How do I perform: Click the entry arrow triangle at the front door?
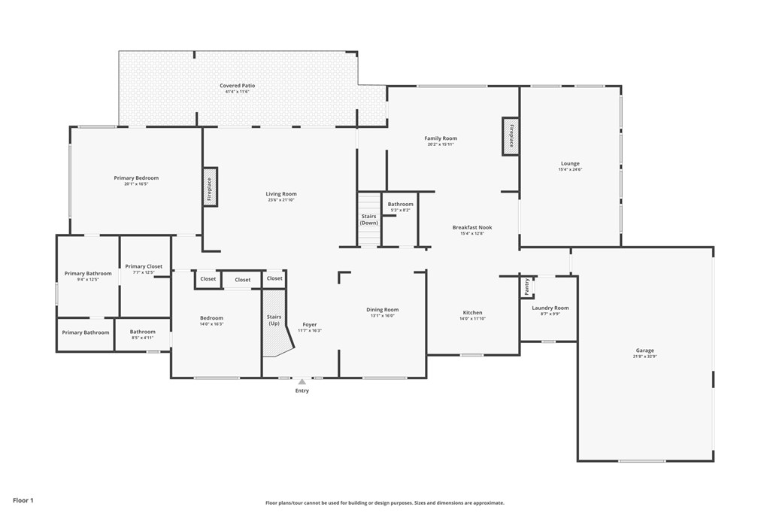click(x=302, y=382)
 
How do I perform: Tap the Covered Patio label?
click(x=237, y=86)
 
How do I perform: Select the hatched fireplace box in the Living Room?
click(x=210, y=187)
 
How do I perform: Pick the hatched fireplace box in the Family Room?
click(x=511, y=136)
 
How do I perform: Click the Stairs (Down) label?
click(x=368, y=220)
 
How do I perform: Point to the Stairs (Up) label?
click(x=274, y=320)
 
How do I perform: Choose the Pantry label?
click(x=527, y=287)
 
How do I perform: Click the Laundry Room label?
click(x=550, y=308)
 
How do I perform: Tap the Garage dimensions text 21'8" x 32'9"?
click(x=644, y=357)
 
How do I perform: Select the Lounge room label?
click(x=570, y=163)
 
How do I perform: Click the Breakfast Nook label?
click(x=472, y=227)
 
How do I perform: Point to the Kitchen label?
click(x=472, y=312)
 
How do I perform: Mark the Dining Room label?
click(x=382, y=309)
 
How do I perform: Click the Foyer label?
click(x=309, y=324)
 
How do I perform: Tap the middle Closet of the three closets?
click(x=242, y=280)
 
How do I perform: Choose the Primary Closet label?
click(x=144, y=266)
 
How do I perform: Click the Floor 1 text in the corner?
click(x=23, y=499)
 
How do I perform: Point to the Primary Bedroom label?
click(x=136, y=178)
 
